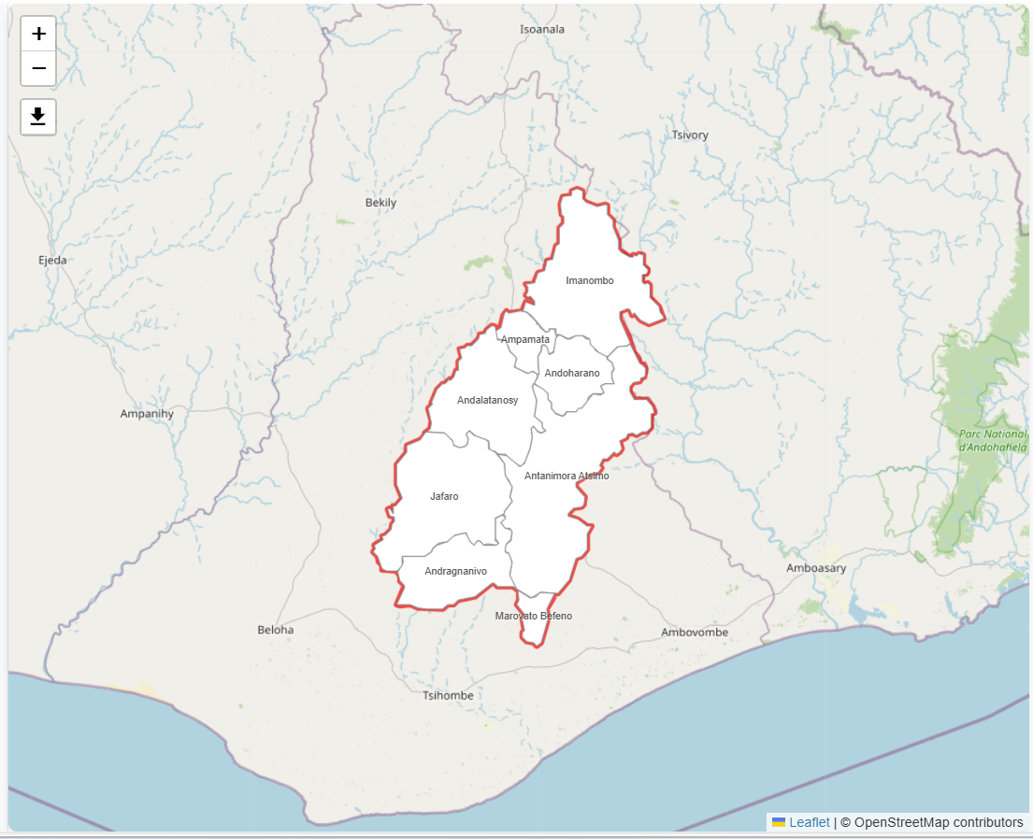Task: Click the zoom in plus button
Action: (x=38, y=35)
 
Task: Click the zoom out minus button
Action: (x=38, y=68)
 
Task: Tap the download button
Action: (x=38, y=117)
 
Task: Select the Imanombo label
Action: (x=590, y=280)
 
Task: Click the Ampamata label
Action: (x=525, y=339)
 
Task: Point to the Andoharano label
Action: (x=572, y=373)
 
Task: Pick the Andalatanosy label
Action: (x=487, y=400)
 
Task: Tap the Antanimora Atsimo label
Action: (x=567, y=476)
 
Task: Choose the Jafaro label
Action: (x=444, y=496)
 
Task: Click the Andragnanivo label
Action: (x=455, y=571)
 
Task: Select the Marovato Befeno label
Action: (x=534, y=616)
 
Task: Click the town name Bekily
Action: (x=380, y=203)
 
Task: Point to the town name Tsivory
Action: (x=690, y=135)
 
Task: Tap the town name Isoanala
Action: (x=542, y=29)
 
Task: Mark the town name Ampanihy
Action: (x=147, y=413)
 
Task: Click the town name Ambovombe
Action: (x=694, y=633)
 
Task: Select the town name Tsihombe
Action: (x=449, y=695)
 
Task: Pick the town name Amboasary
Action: (x=816, y=568)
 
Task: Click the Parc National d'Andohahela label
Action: (x=993, y=440)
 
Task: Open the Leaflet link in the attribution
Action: (x=809, y=822)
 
